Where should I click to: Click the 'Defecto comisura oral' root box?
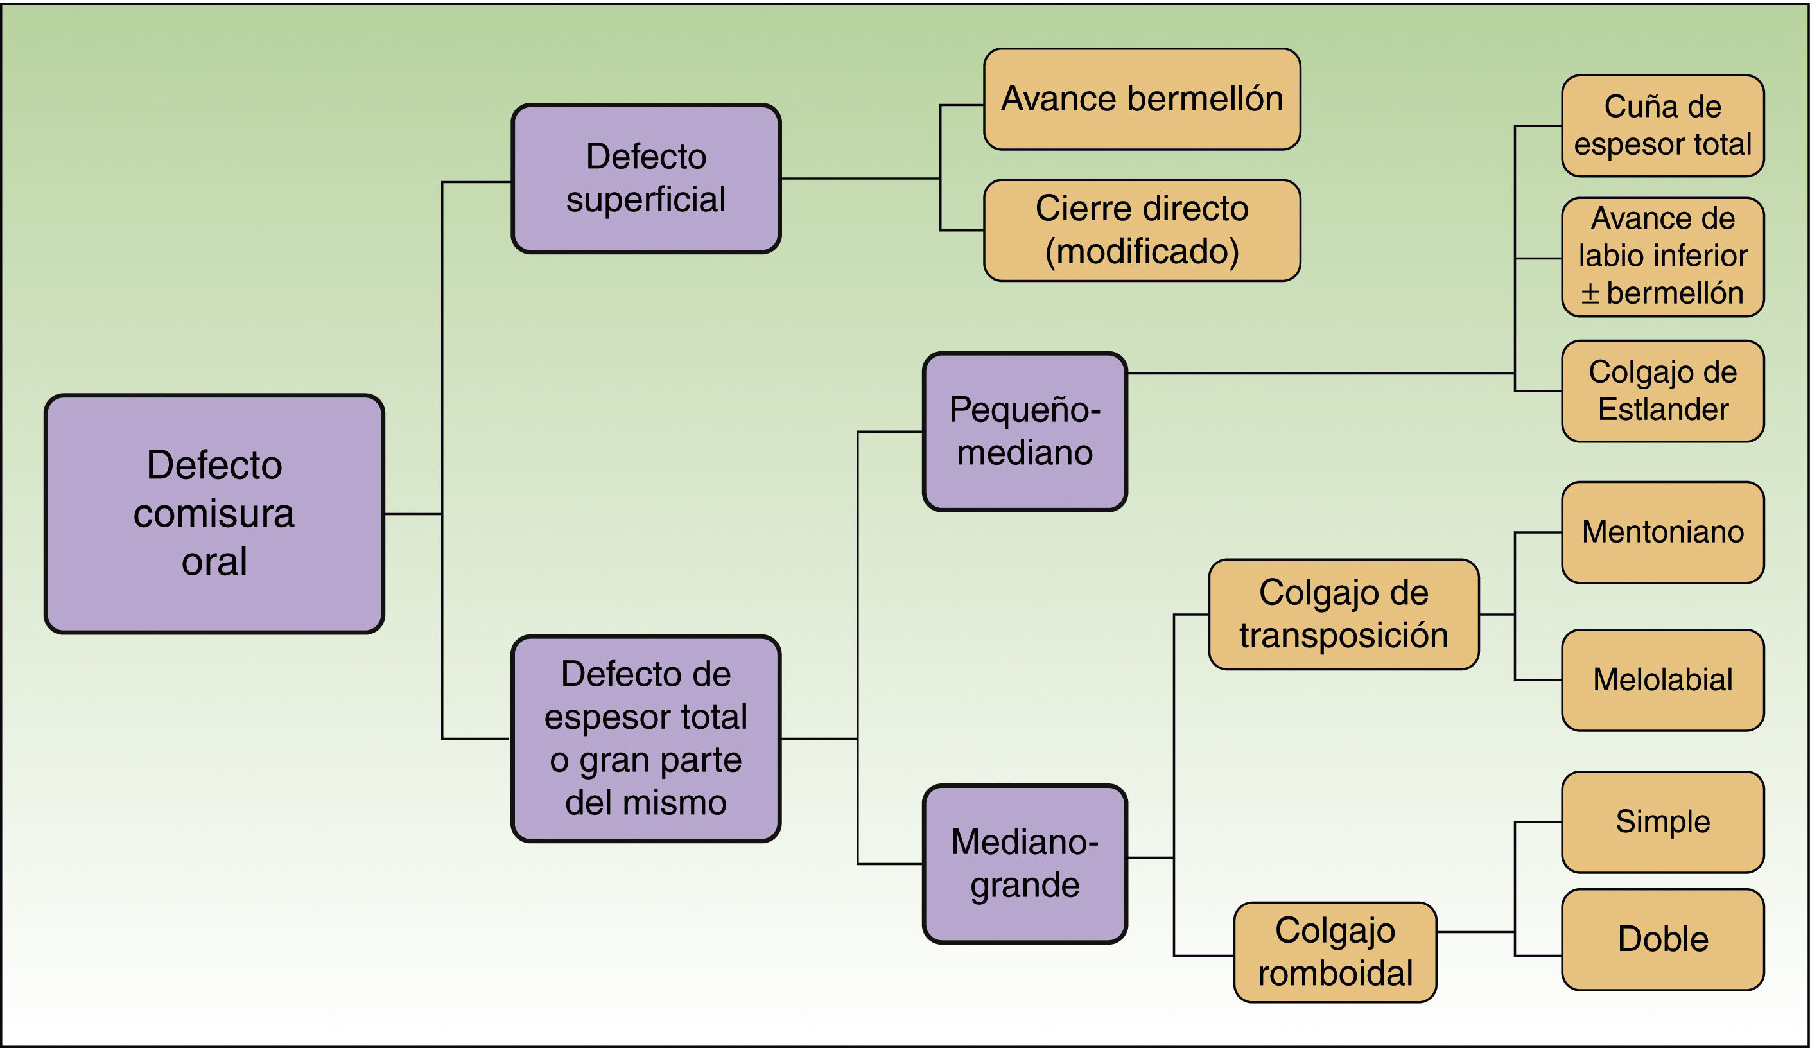click(214, 514)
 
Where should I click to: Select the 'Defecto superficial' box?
click(646, 178)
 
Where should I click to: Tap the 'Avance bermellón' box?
click(1142, 99)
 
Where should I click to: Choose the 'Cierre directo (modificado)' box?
click(1142, 230)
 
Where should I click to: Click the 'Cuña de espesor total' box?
click(1662, 126)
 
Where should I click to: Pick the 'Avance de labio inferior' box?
click(1662, 256)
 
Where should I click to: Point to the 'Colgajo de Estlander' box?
click(1662, 391)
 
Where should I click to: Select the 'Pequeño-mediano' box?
click(1024, 432)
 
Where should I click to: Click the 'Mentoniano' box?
click(1662, 532)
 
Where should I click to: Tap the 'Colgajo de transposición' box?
click(1343, 614)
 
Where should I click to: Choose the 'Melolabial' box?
click(1662, 679)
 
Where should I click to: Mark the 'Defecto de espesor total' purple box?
click(646, 738)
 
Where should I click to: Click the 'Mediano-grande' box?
click(1024, 864)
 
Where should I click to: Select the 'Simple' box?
click(1662, 822)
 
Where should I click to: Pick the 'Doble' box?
click(1662, 939)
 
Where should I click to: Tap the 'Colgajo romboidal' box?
click(1334, 952)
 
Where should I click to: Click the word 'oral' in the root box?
click(214, 562)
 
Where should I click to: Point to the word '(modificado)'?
click(1142, 252)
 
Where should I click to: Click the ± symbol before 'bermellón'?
click(1590, 293)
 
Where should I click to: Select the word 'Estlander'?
click(1662, 410)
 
